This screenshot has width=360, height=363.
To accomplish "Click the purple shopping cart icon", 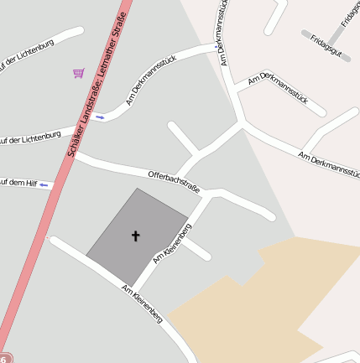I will (78, 73).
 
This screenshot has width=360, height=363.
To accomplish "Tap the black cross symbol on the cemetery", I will (135, 236).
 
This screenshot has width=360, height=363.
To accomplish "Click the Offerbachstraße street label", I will (174, 181).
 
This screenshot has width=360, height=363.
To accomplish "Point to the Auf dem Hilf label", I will (18, 183).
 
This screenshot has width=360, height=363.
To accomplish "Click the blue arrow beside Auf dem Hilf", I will (45, 184).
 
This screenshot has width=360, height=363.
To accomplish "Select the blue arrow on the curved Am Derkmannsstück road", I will (100, 117).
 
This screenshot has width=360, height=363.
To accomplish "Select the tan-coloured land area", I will (252, 302).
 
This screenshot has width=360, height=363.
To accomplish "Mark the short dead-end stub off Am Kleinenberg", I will (199, 250).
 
